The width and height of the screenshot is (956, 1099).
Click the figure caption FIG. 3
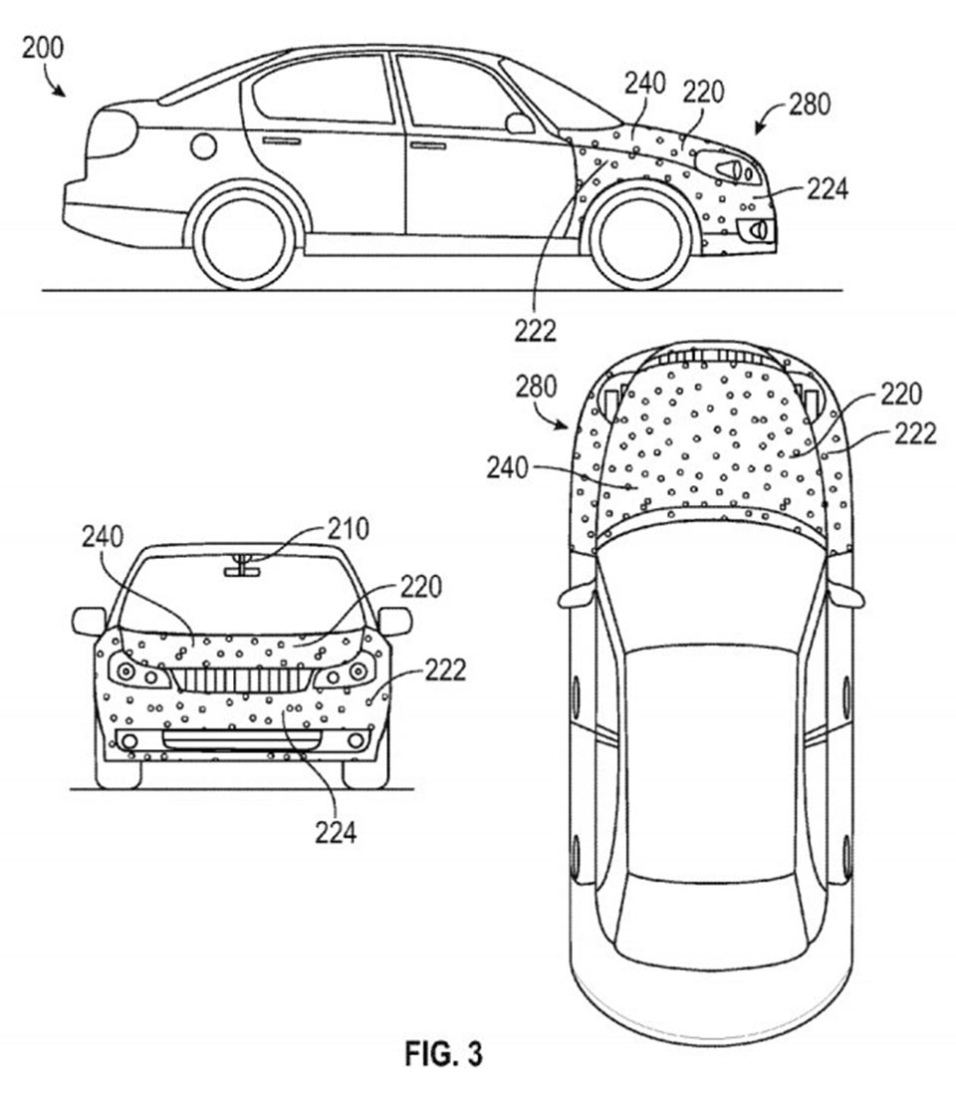coord(444,1054)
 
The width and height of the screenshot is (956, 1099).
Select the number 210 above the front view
coord(348,528)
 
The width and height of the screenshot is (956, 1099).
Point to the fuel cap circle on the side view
coord(203,146)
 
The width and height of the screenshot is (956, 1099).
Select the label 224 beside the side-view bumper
coord(827,187)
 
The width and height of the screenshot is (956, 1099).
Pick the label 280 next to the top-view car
coord(536,387)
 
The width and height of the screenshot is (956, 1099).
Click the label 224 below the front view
coord(336,833)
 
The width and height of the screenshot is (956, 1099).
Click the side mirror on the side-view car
coord(519,124)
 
